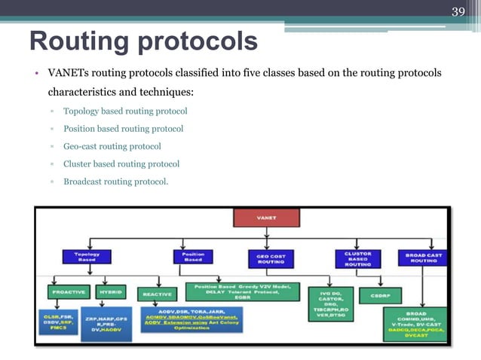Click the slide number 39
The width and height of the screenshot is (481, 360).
[458, 11]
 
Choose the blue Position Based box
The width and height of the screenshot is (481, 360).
[193, 258]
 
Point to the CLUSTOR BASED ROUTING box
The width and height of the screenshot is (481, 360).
[357, 259]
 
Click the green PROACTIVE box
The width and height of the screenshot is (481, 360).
[68, 291]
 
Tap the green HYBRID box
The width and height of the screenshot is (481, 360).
[111, 291]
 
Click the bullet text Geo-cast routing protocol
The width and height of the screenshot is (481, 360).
[112, 146]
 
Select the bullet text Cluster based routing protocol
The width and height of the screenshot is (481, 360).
[121, 163]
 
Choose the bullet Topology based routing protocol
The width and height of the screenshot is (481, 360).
[125, 111]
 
